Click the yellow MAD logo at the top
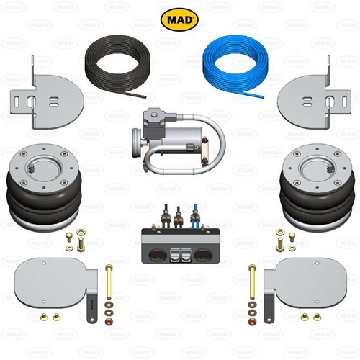[179, 19]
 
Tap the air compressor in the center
[179, 141]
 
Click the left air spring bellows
[45, 187]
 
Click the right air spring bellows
[318, 187]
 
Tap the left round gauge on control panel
[158, 255]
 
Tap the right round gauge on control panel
[203, 255]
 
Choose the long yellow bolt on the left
[109, 282]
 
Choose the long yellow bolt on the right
[252, 282]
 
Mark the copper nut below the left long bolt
[109, 321]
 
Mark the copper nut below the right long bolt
[252, 321]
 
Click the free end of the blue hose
[263, 97]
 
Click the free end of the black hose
[145, 97]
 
